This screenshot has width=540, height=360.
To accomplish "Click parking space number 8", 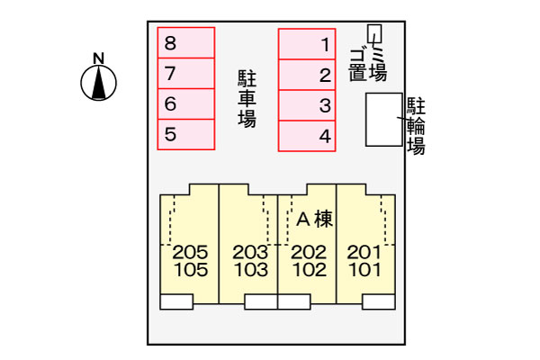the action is pyautogui.click(x=186, y=42).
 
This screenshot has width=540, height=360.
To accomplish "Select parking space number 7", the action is pyautogui.click(x=186, y=74).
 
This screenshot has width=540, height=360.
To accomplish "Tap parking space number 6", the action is pyautogui.click(x=186, y=104).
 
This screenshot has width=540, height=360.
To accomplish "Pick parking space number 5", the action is pyautogui.click(x=186, y=135).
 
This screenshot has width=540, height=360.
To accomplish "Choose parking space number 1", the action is pyautogui.click(x=307, y=44).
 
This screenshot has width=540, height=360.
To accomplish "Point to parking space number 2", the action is pyautogui.click(x=307, y=75).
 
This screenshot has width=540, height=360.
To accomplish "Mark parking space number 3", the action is pyautogui.click(x=307, y=105).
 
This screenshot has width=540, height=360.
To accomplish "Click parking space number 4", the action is pyautogui.click(x=307, y=136).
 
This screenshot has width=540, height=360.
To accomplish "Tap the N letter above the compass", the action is pyautogui.click(x=99, y=58).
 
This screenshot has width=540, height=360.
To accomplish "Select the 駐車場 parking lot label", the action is pyautogui.click(x=247, y=99).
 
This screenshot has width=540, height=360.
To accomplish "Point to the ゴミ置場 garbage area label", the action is pyautogui.click(x=367, y=64).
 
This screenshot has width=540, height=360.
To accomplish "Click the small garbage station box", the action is pyautogui.click(x=374, y=34).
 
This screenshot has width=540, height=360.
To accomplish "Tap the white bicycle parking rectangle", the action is pyautogui.click(x=384, y=120).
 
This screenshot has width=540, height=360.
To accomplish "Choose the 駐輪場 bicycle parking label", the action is pyautogui.click(x=416, y=126).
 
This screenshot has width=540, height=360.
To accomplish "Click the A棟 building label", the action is pyautogui.click(x=314, y=219).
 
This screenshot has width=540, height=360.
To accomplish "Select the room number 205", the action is pyautogui.click(x=190, y=252).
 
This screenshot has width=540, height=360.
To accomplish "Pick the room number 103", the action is pyautogui.click(x=251, y=270).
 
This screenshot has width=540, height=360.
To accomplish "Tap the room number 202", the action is pyautogui.click(x=309, y=252).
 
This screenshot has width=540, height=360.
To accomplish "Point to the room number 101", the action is pyautogui.click(x=365, y=270).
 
